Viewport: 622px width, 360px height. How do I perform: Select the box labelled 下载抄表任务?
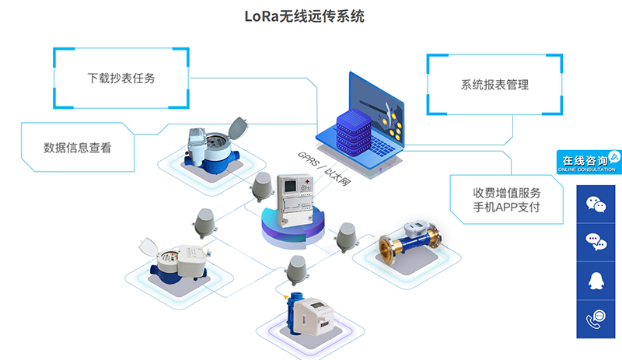coord(121,79)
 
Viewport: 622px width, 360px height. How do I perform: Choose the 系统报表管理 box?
coord(494,85)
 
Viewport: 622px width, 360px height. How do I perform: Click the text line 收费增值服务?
coord(506,193)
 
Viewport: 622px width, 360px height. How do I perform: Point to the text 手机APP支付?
coord(506,208)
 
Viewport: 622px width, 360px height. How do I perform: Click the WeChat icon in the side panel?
coord(596,204)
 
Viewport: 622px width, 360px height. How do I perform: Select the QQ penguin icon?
coord(596,280)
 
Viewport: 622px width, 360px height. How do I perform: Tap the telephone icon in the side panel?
coord(596,318)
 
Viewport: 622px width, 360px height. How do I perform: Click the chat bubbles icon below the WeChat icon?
coord(596,242)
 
